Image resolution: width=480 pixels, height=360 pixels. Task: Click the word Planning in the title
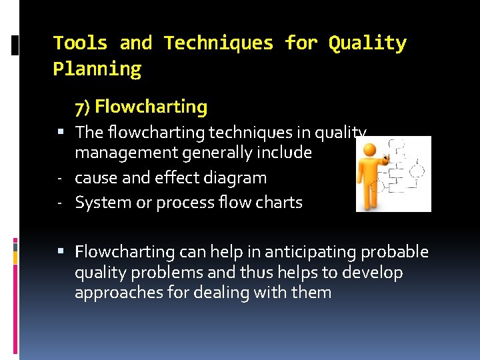click(97, 69)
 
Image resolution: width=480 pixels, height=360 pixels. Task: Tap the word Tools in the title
click(80, 43)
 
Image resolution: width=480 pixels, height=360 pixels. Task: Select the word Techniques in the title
click(219, 43)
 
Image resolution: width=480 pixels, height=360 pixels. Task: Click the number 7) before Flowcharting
click(83, 107)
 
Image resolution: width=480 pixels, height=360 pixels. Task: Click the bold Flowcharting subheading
click(151, 107)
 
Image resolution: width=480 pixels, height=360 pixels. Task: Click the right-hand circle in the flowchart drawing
click(417, 171)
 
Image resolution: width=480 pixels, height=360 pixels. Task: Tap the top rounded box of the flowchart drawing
click(397, 144)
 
